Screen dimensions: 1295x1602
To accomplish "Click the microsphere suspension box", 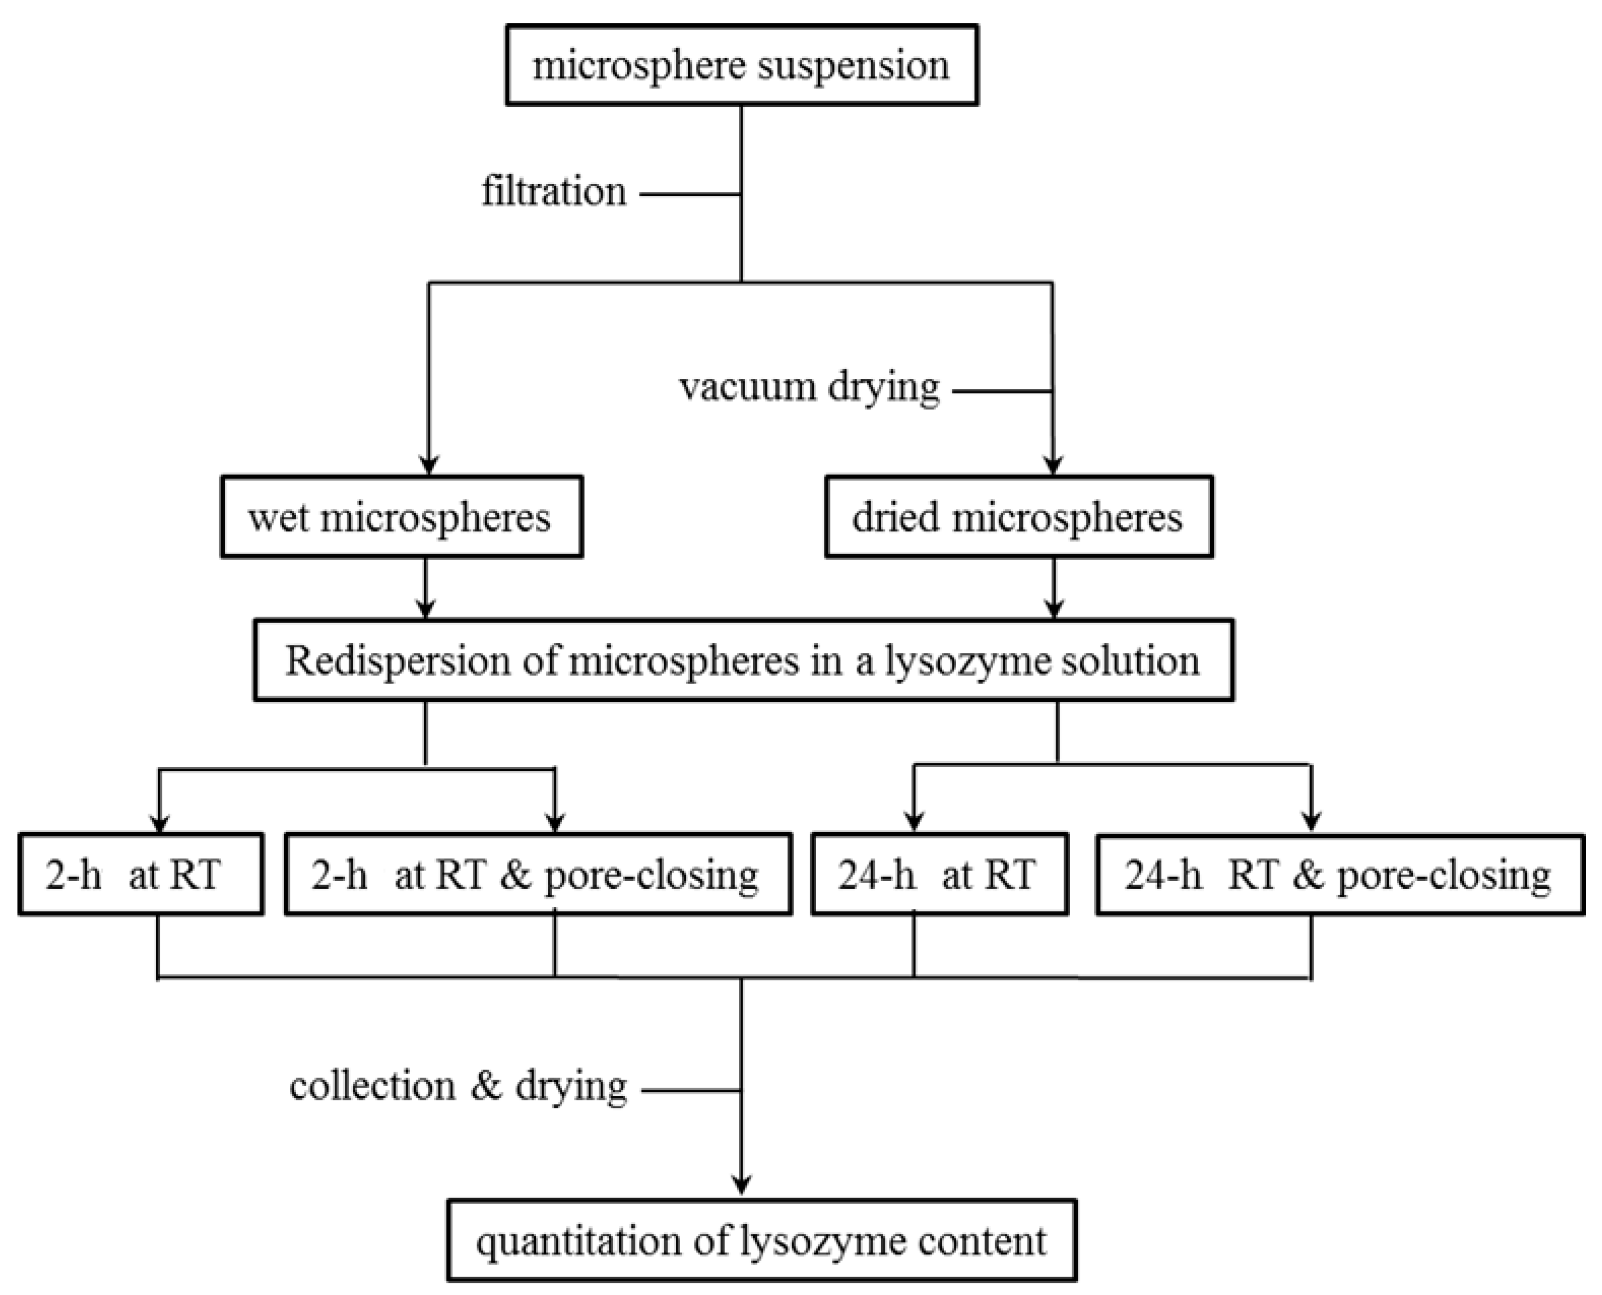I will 742,65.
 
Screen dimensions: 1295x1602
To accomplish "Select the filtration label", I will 553,193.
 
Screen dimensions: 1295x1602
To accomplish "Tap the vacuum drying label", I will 809,388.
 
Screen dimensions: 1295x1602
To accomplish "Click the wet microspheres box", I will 401,517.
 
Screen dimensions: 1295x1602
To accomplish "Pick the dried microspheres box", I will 1018,517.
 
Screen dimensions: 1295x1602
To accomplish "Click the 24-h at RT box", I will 939,874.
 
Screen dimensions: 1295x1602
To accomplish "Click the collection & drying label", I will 458,1087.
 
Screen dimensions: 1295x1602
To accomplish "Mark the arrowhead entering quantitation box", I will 742,1184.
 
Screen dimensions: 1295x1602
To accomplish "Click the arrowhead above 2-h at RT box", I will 159,823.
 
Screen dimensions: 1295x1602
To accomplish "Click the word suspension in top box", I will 853,66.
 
